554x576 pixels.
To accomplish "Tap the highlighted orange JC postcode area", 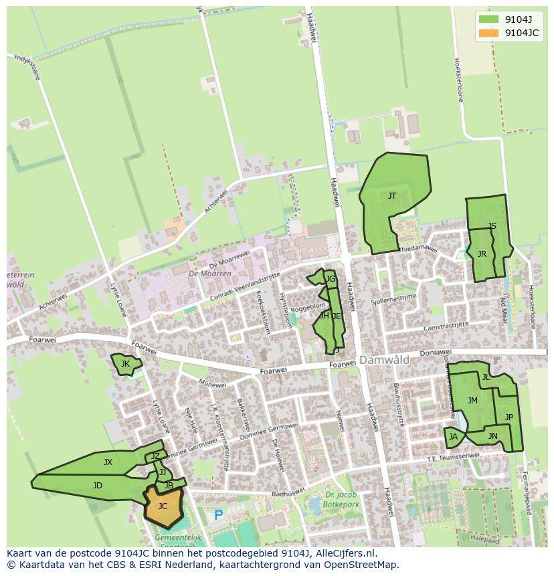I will [163, 506].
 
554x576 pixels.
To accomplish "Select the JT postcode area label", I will [392, 196].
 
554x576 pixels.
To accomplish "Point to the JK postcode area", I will [125, 364].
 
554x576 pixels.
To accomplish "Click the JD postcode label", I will [98, 486].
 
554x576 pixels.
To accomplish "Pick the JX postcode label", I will [108, 462].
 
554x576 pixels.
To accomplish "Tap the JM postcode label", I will [472, 401].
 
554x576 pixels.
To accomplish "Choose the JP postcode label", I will [509, 417].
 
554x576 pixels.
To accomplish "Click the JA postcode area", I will [454, 437].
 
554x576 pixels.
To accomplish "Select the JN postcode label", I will [493, 436].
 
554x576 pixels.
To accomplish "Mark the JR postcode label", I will [482, 254].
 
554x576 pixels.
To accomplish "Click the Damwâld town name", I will [384, 360].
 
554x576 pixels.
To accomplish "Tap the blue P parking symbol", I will [218, 516].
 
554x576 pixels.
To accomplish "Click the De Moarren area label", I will [209, 274].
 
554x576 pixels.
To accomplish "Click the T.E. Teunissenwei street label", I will [454, 458].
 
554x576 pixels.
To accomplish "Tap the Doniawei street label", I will [436, 353].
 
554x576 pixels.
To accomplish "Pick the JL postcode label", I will [486, 377].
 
